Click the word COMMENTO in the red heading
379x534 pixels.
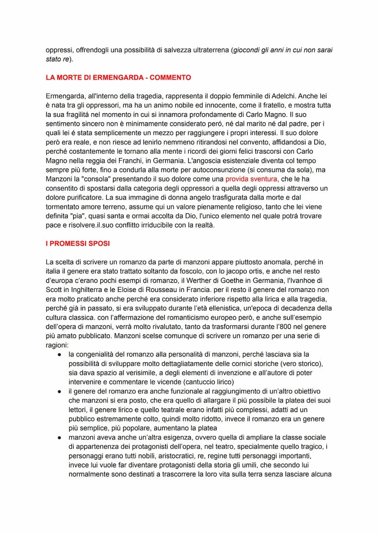(x=168, y=78)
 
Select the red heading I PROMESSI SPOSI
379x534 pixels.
(x=78, y=243)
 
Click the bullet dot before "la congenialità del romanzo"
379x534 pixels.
(x=60, y=354)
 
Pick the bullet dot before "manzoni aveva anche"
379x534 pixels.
(x=60, y=438)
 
